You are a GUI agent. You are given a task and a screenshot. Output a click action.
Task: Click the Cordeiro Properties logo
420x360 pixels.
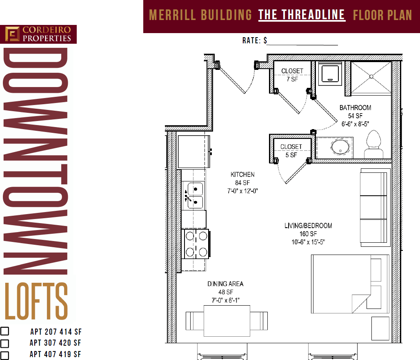pyautogui.click(x=38, y=34)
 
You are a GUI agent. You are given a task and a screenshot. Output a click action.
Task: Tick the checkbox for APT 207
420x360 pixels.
pyautogui.click(x=4, y=331)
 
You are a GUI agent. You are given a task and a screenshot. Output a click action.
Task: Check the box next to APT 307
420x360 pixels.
pyautogui.click(x=4, y=343)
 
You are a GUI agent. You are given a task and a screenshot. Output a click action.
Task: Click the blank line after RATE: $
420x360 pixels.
pyautogui.click(x=302, y=41)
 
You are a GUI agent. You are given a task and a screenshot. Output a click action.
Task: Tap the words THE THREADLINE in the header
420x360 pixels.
pyautogui.click(x=302, y=15)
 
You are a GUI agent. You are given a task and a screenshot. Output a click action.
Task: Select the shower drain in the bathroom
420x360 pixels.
pyautogui.click(x=371, y=76)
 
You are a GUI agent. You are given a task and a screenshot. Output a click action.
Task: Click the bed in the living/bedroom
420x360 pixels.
pyautogui.click(x=349, y=283)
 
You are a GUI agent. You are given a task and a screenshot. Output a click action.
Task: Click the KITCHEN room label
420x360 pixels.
pyautogui.click(x=242, y=174)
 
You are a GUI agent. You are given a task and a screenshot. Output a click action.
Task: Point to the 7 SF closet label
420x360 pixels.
pyautogui.click(x=292, y=75)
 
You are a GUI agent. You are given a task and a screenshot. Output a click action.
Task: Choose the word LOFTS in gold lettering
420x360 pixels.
pyautogui.click(x=36, y=302)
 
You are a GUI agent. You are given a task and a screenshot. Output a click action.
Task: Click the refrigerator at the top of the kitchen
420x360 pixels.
pyautogui.click(x=194, y=151)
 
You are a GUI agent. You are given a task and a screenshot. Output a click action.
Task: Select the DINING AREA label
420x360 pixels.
pyautogui.click(x=225, y=284)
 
